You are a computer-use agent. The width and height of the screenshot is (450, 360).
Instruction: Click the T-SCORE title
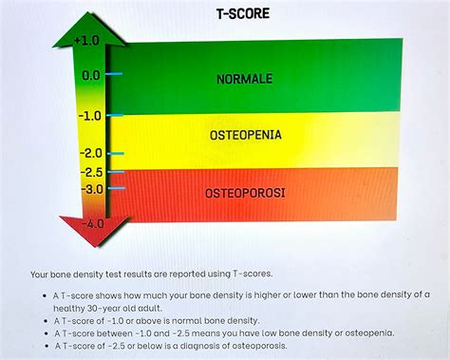click(x=244, y=13)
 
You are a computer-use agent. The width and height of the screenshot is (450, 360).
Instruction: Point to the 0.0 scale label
click(x=91, y=74)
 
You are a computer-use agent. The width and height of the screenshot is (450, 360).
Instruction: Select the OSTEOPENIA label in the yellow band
click(x=246, y=136)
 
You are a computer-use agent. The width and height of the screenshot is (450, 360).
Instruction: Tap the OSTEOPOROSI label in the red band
click(x=246, y=194)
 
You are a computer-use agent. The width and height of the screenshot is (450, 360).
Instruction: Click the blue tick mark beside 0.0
click(x=115, y=74)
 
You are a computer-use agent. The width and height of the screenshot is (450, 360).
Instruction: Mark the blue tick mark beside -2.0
click(x=116, y=153)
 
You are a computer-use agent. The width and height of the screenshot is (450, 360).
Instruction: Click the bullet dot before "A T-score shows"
click(x=46, y=294)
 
